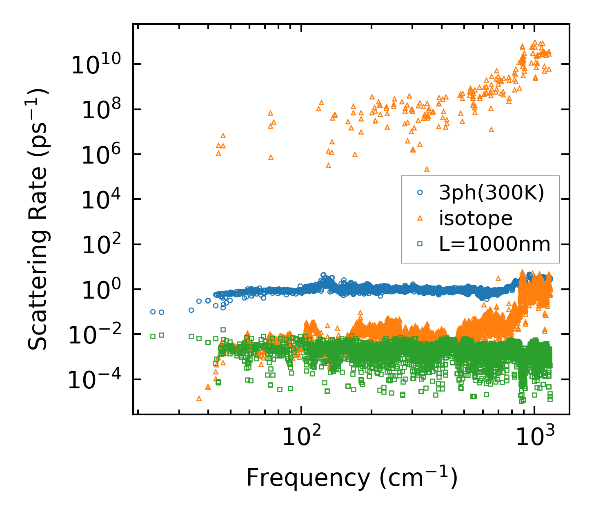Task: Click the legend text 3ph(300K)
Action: click(492, 193)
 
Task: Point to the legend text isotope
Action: click(476, 219)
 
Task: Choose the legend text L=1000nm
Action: click(495, 244)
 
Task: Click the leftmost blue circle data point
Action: click(153, 312)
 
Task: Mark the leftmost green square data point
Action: click(153, 336)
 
